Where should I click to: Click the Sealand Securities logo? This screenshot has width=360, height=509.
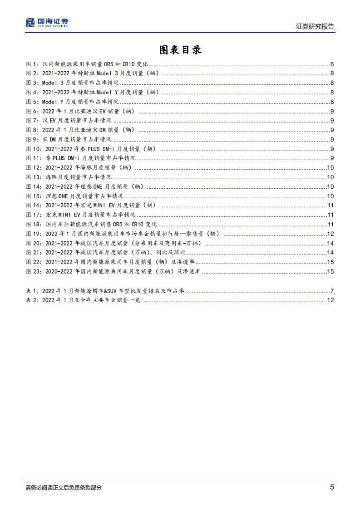point(47,23)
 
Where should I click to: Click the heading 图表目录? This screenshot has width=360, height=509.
point(180,50)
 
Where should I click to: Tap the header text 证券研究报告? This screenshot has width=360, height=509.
point(315,26)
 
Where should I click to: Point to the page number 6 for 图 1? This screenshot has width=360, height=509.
point(332,64)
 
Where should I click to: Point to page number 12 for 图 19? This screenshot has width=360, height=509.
point(330,234)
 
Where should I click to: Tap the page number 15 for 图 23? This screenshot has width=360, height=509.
point(330,271)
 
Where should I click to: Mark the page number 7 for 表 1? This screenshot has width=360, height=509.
point(332,291)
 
